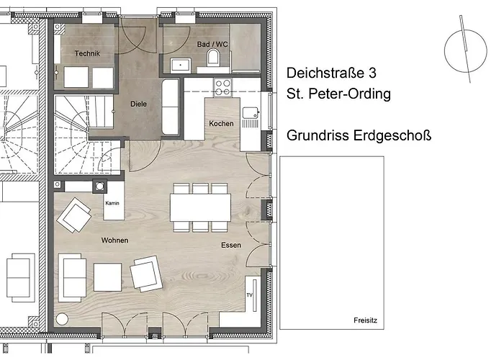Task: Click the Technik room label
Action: pyautogui.click(x=87, y=54)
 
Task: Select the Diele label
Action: pyautogui.click(x=138, y=104)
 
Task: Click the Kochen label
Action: pyautogui.click(x=221, y=124)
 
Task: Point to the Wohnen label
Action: pyautogui.click(x=114, y=240)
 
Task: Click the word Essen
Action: pyautogui.click(x=231, y=246)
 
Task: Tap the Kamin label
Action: pyautogui.click(x=112, y=204)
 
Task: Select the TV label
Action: pyautogui.click(x=250, y=296)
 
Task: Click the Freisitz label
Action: pyautogui.click(x=366, y=320)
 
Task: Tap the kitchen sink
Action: pyautogui.click(x=251, y=114)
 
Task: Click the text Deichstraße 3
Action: pyautogui.click(x=331, y=73)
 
